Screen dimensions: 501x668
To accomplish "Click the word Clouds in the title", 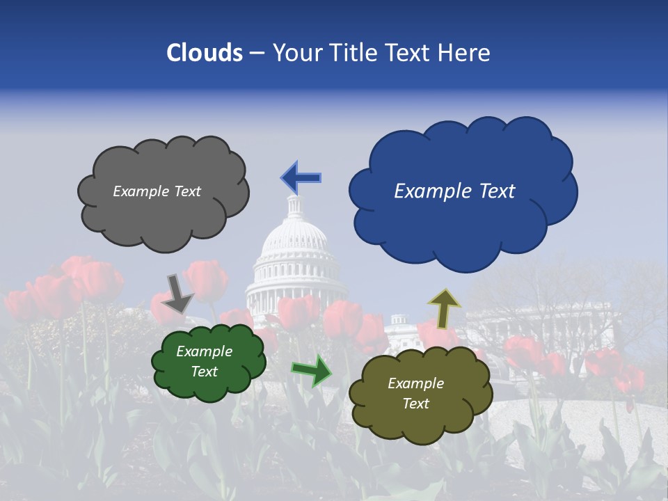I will click(204, 53).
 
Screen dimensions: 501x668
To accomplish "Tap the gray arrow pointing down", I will click(177, 292).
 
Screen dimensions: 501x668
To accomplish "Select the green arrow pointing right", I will click(312, 370).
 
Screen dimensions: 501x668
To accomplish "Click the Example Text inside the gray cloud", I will click(157, 191).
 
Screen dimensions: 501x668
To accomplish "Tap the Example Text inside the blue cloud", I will click(454, 191).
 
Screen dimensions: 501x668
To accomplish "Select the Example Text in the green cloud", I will click(204, 362).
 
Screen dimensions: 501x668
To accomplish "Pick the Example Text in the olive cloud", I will click(415, 393).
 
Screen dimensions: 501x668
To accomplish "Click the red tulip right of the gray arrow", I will click(207, 280).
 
